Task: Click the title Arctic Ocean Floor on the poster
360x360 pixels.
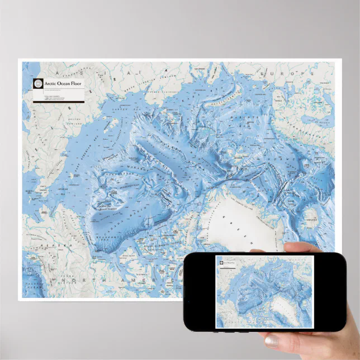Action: point(64,83)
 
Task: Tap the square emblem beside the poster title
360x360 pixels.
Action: point(37,84)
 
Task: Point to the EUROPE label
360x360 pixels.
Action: point(291,73)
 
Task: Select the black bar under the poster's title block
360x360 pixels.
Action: point(59,101)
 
